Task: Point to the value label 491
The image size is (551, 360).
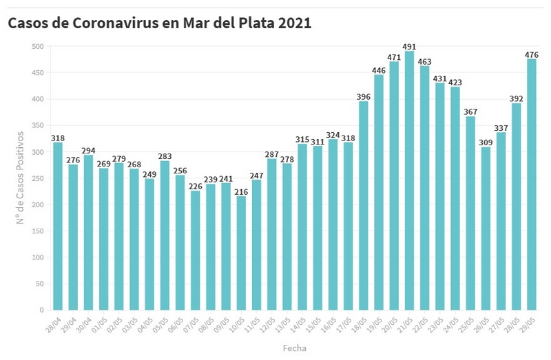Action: pos(409,47)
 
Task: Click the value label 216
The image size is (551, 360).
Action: pos(241,191)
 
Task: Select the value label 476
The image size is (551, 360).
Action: pos(532,54)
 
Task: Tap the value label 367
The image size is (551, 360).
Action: pos(470,112)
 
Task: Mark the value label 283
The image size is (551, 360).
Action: pos(165,156)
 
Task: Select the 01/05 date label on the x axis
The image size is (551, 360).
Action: pos(99,324)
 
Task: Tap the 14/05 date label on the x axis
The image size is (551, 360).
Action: pos(298,324)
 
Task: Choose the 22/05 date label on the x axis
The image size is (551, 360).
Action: pos(420,324)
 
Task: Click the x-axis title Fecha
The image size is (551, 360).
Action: pos(295,348)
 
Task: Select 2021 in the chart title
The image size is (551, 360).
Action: pos(295,23)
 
